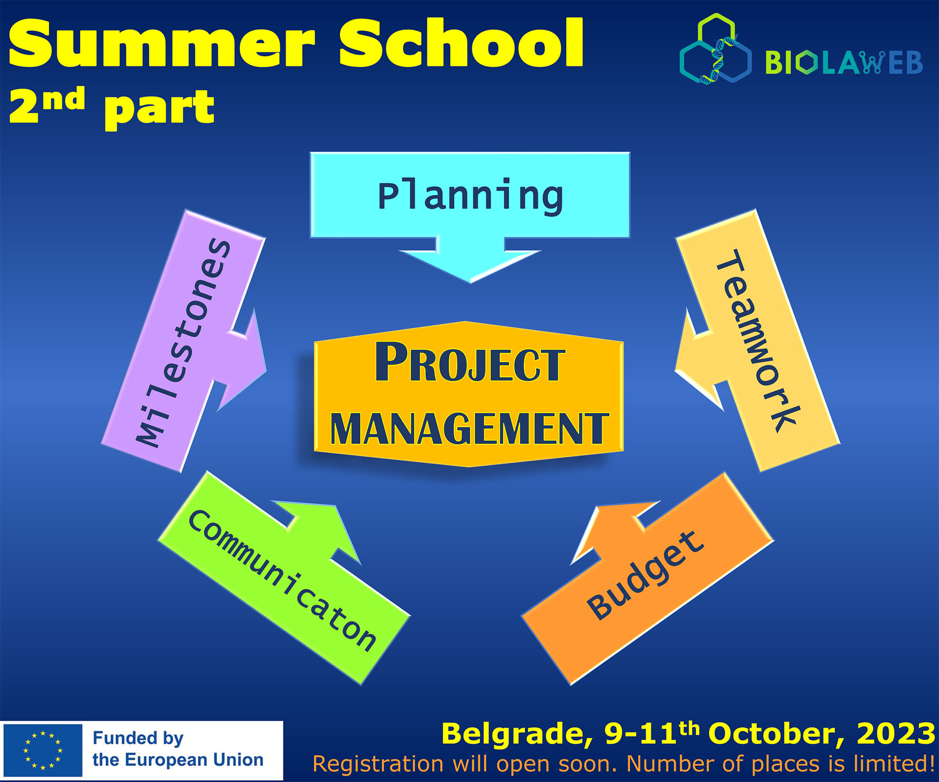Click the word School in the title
point(462,43)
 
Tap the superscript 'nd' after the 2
point(64,98)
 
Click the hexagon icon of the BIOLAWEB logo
point(715,49)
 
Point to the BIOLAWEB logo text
point(844,63)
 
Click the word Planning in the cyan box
point(470,196)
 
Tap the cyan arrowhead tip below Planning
point(470,282)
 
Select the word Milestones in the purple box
point(183,343)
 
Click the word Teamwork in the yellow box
point(758,341)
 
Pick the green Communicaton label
point(283,580)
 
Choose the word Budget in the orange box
point(646,575)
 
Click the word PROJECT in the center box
point(470,362)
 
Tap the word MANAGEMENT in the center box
point(469,429)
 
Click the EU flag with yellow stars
point(43,751)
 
